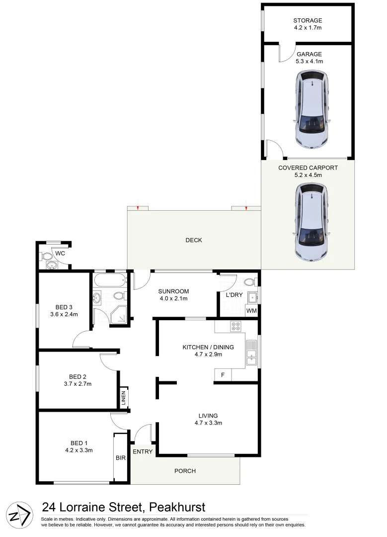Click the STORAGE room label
coord(308,21)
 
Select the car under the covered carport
coord(311,222)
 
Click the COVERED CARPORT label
coord(308,168)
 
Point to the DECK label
coord(194,240)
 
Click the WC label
coord(60,254)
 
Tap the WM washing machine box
coord(252,311)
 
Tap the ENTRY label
coord(143,451)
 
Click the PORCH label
coord(185,471)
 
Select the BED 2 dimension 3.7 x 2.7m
coord(77,383)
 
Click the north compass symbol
coord(19,514)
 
